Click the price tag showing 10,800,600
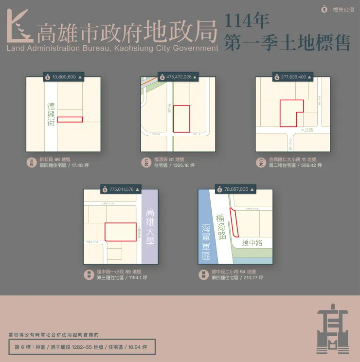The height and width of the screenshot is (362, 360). click(x=63, y=77)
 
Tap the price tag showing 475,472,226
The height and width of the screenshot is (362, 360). click(x=178, y=77)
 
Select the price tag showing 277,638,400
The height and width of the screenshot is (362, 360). click(x=293, y=77)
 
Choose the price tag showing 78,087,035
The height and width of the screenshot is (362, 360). click(x=235, y=189)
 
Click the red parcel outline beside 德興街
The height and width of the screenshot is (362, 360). click(x=70, y=119)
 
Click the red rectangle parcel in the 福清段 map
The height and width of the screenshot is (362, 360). click(x=181, y=119)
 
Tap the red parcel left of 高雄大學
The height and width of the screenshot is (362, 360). click(x=120, y=232)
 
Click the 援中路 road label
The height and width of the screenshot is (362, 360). click(x=252, y=242)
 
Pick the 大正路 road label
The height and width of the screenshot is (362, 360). click(x=307, y=130)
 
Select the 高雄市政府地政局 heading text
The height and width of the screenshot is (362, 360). click(x=126, y=32)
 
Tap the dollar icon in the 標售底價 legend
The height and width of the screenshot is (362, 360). click(x=324, y=9)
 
